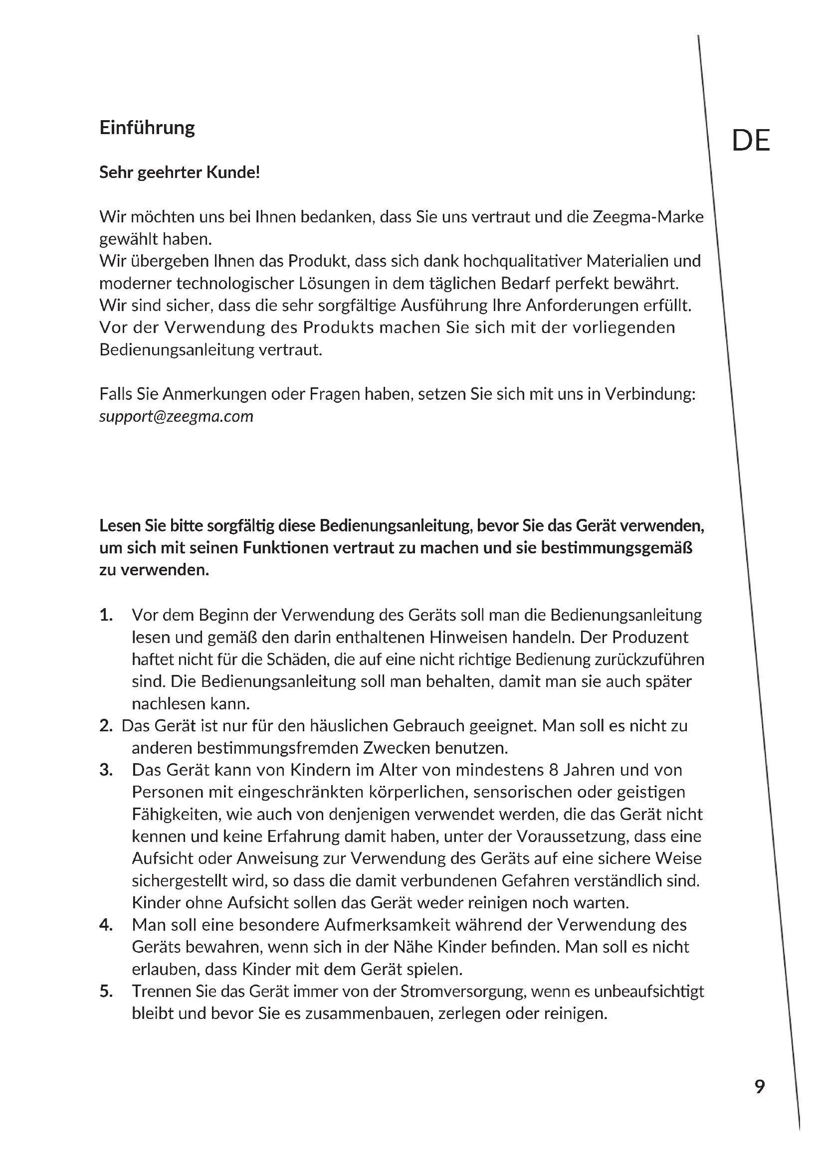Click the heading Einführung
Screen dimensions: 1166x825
pyautogui.click(x=147, y=128)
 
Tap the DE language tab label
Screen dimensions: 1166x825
pyautogui.click(x=750, y=141)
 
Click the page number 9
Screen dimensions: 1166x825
pyautogui.click(x=760, y=1086)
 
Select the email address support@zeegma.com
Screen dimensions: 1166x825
pyautogui.click(x=176, y=416)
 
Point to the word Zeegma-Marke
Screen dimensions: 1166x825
pyautogui.click(x=648, y=217)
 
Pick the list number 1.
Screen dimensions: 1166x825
pyautogui.click(x=106, y=615)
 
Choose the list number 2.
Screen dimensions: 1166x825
pyautogui.click(x=106, y=726)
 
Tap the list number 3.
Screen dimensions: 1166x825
pyautogui.click(x=106, y=770)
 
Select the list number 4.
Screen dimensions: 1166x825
pyautogui.click(x=106, y=925)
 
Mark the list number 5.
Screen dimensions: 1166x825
pyautogui.click(x=106, y=992)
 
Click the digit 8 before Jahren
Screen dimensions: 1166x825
pyautogui.click(x=553, y=770)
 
